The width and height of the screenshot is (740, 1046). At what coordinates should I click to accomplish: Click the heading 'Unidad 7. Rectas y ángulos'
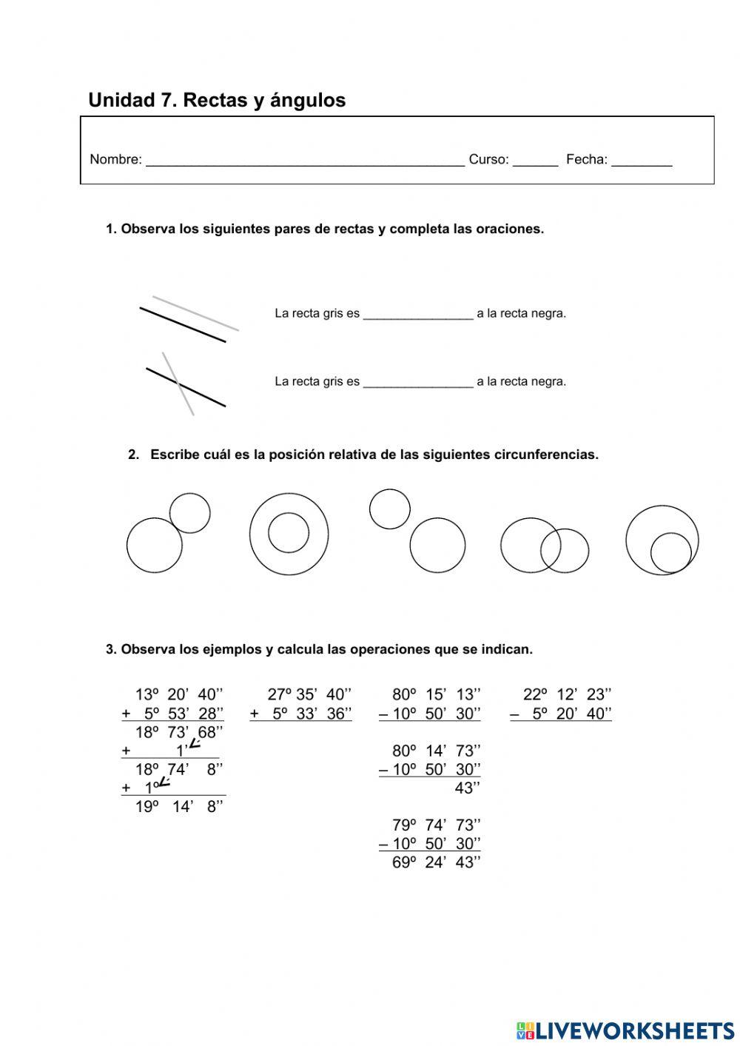pos(217,100)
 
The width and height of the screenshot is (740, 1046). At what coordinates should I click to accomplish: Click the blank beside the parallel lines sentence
pos(418,314)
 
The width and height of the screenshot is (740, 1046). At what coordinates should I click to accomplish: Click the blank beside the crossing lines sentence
pos(418,382)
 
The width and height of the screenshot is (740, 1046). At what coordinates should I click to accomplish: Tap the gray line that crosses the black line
pos(185,397)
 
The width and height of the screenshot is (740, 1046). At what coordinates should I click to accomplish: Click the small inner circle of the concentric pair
pos(289,532)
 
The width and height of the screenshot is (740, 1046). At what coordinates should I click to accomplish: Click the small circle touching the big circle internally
pos(671,552)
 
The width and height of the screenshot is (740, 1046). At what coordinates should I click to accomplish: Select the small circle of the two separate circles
pos(390,509)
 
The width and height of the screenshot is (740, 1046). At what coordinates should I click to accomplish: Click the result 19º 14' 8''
pos(179,807)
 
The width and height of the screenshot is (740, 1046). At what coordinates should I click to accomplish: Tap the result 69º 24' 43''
pos(436,862)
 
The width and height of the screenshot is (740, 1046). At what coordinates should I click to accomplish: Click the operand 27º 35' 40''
pos(309,694)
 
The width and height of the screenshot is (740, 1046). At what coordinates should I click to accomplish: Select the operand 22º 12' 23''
pos(567,694)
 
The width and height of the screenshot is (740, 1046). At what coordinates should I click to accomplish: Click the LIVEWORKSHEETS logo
pos(625,1030)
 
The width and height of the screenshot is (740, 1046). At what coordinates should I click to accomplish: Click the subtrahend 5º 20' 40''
pos(571,714)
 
